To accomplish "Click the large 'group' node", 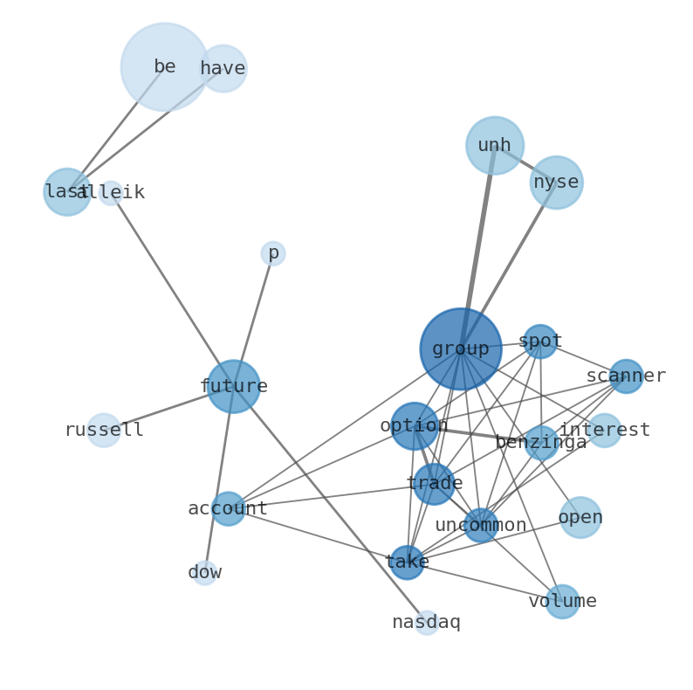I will [x=460, y=348].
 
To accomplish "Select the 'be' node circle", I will [x=164, y=66].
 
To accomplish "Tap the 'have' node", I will [x=223, y=68].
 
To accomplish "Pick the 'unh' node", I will [x=494, y=145].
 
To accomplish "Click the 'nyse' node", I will [x=556, y=183].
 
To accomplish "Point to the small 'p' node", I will [x=273, y=253].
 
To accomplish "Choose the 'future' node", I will [x=233, y=386].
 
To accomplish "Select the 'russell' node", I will [x=104, y=430].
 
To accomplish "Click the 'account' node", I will [x=228, y=508].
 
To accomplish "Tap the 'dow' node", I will [x=204, y=573].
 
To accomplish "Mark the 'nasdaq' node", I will [x=426, y=622].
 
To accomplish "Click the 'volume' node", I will [x=562, y=601].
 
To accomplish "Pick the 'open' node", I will [x=580, y=517].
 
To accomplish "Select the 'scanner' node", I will [x=626, y=376].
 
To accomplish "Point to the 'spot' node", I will [x=540, y=341].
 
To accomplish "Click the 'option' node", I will [x=415, y=426].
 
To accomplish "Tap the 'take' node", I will [x=407, y=562].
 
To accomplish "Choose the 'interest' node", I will [x=604, y=430].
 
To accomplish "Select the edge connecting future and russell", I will [x=166, y=409].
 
